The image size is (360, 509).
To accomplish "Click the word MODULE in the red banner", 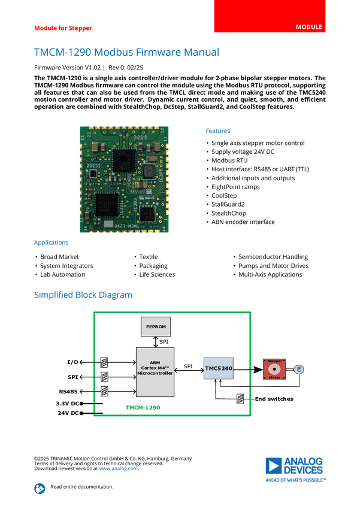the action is pos(309,27).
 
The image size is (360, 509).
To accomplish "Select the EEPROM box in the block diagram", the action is pos(156,327).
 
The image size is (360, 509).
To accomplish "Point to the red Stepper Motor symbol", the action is pos(274,369).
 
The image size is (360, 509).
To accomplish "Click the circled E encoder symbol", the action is pos(298,370).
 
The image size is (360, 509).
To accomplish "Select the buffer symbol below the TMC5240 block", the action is pos(240,399).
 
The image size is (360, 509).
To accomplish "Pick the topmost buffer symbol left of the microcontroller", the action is pos(104,362).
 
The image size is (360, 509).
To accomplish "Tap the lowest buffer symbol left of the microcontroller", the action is pos(104,391).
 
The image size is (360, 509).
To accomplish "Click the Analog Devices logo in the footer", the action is pos(295,469).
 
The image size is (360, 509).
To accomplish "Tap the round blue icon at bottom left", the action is pos(40,489).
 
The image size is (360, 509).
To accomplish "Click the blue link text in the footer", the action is pos(118,469).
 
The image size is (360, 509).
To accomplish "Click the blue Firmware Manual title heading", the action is pos(126,53).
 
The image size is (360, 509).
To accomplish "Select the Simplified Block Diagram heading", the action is pos(83,295).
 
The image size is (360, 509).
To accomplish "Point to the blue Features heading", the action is pos(219,131).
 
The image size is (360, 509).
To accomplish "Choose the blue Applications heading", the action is pos(51,243).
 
